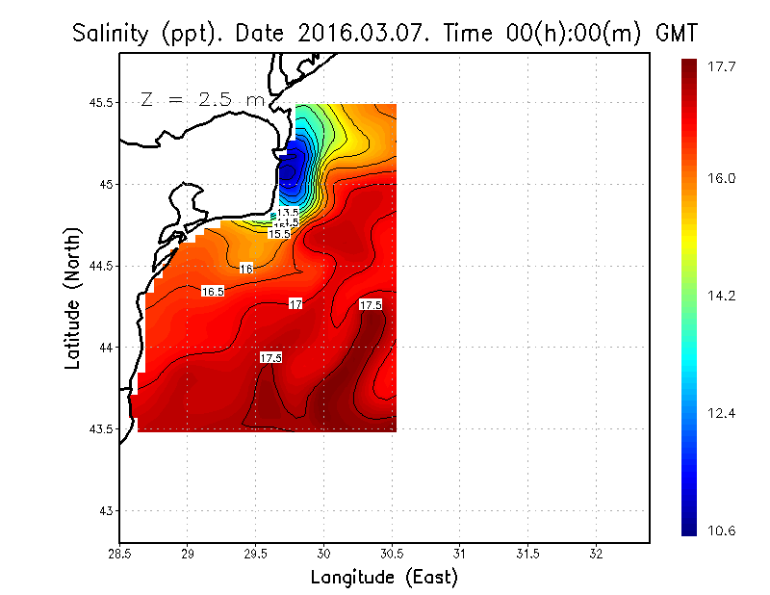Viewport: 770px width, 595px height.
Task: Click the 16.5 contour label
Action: tap(213, 291)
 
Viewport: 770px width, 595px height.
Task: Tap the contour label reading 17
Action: tap(296, 304)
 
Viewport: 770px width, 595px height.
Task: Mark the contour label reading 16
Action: tap(246, 269)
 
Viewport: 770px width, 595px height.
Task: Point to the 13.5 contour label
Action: tap(288, 212)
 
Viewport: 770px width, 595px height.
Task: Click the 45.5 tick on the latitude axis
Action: tap(96, 102)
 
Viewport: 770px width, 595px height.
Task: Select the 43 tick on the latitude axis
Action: tap(104, 510)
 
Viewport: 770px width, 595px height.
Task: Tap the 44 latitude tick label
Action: tap(104, 348)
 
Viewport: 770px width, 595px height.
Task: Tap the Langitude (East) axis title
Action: tap(384, 578)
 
